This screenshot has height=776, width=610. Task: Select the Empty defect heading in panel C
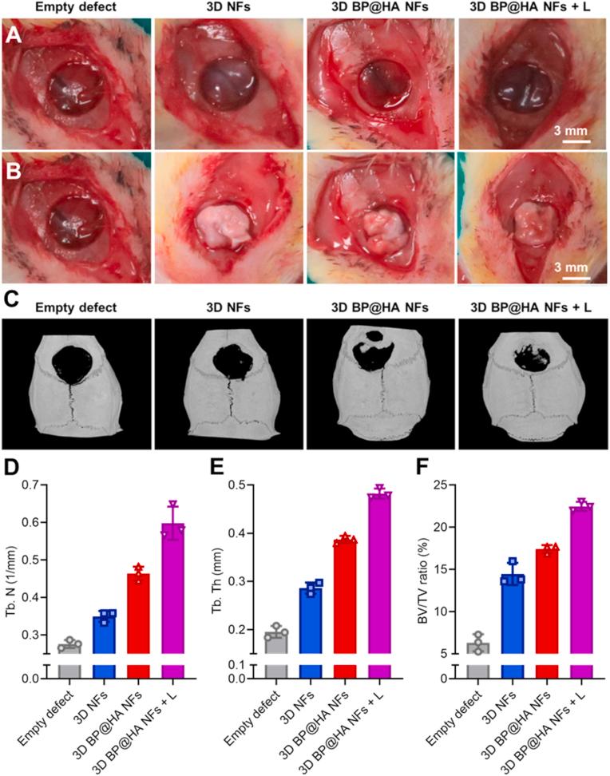pyautogui.click(x=75, y=307)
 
